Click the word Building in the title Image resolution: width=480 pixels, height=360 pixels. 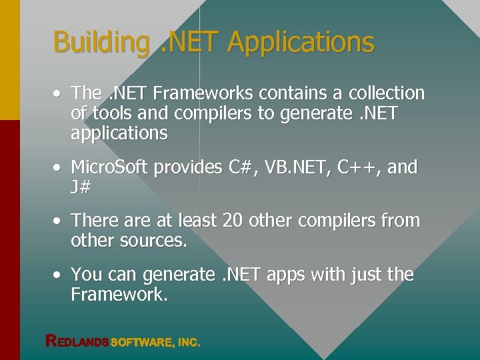(101, 43)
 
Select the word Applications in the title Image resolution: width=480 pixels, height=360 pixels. (301, 43)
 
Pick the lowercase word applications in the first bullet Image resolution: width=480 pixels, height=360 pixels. (119, 133)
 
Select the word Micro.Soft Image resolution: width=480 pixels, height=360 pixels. (109, 167)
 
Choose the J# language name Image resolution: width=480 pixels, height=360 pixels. (80, 187)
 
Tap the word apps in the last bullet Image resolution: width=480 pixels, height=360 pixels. (289, 275)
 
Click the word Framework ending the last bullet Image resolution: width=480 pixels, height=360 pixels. (119, 295)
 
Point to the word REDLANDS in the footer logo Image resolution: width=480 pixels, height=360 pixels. (77, 342)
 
